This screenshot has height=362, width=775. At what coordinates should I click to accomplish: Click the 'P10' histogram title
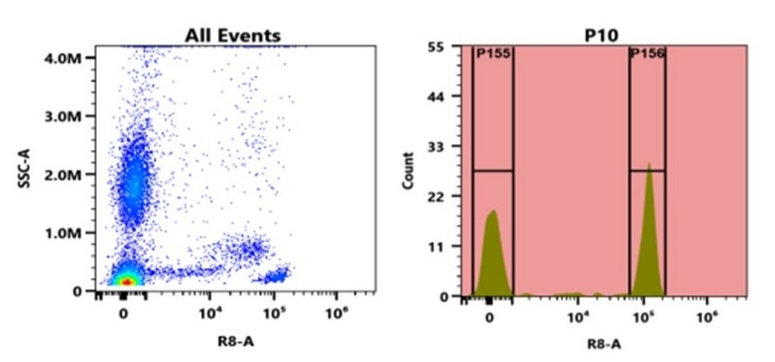pos(599,36)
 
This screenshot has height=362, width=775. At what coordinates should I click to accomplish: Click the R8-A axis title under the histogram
pos(599,342)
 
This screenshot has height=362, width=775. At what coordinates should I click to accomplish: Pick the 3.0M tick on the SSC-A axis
pos(66,116)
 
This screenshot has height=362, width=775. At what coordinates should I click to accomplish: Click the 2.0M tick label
pos(66,175)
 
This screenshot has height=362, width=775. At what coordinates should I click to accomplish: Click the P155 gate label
pos(493,54)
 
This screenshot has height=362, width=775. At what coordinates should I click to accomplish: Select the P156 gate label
pos(648,54)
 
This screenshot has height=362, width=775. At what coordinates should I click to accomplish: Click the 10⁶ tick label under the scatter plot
pos(337,315)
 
